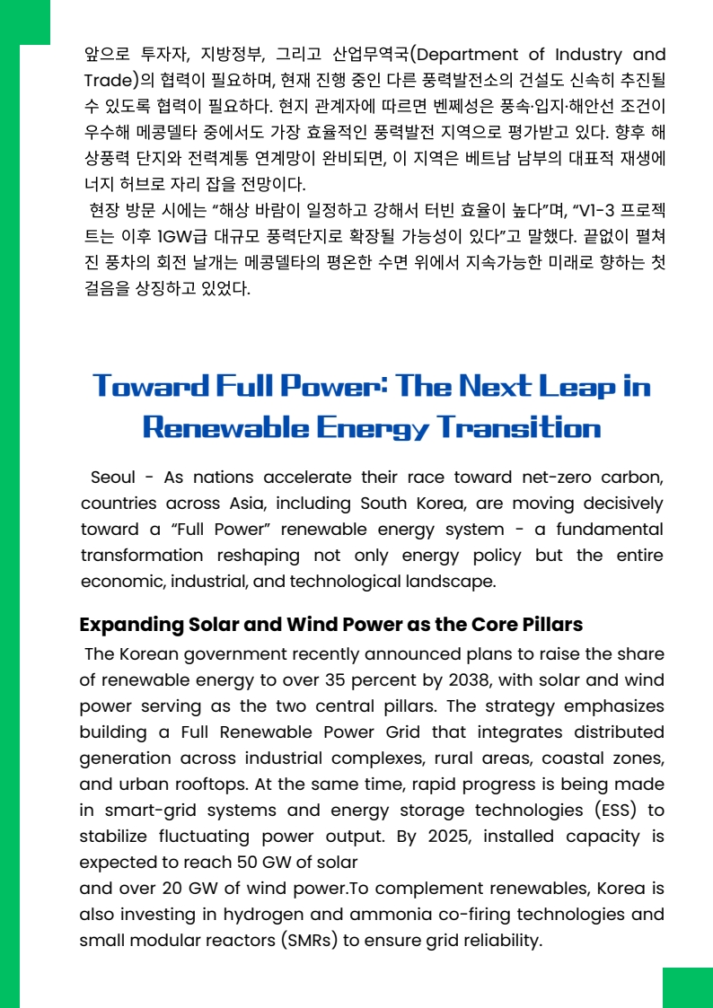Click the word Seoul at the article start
(x=114, y=478)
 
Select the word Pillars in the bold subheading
(x=547, y=625)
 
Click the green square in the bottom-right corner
(x=687, y=987)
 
